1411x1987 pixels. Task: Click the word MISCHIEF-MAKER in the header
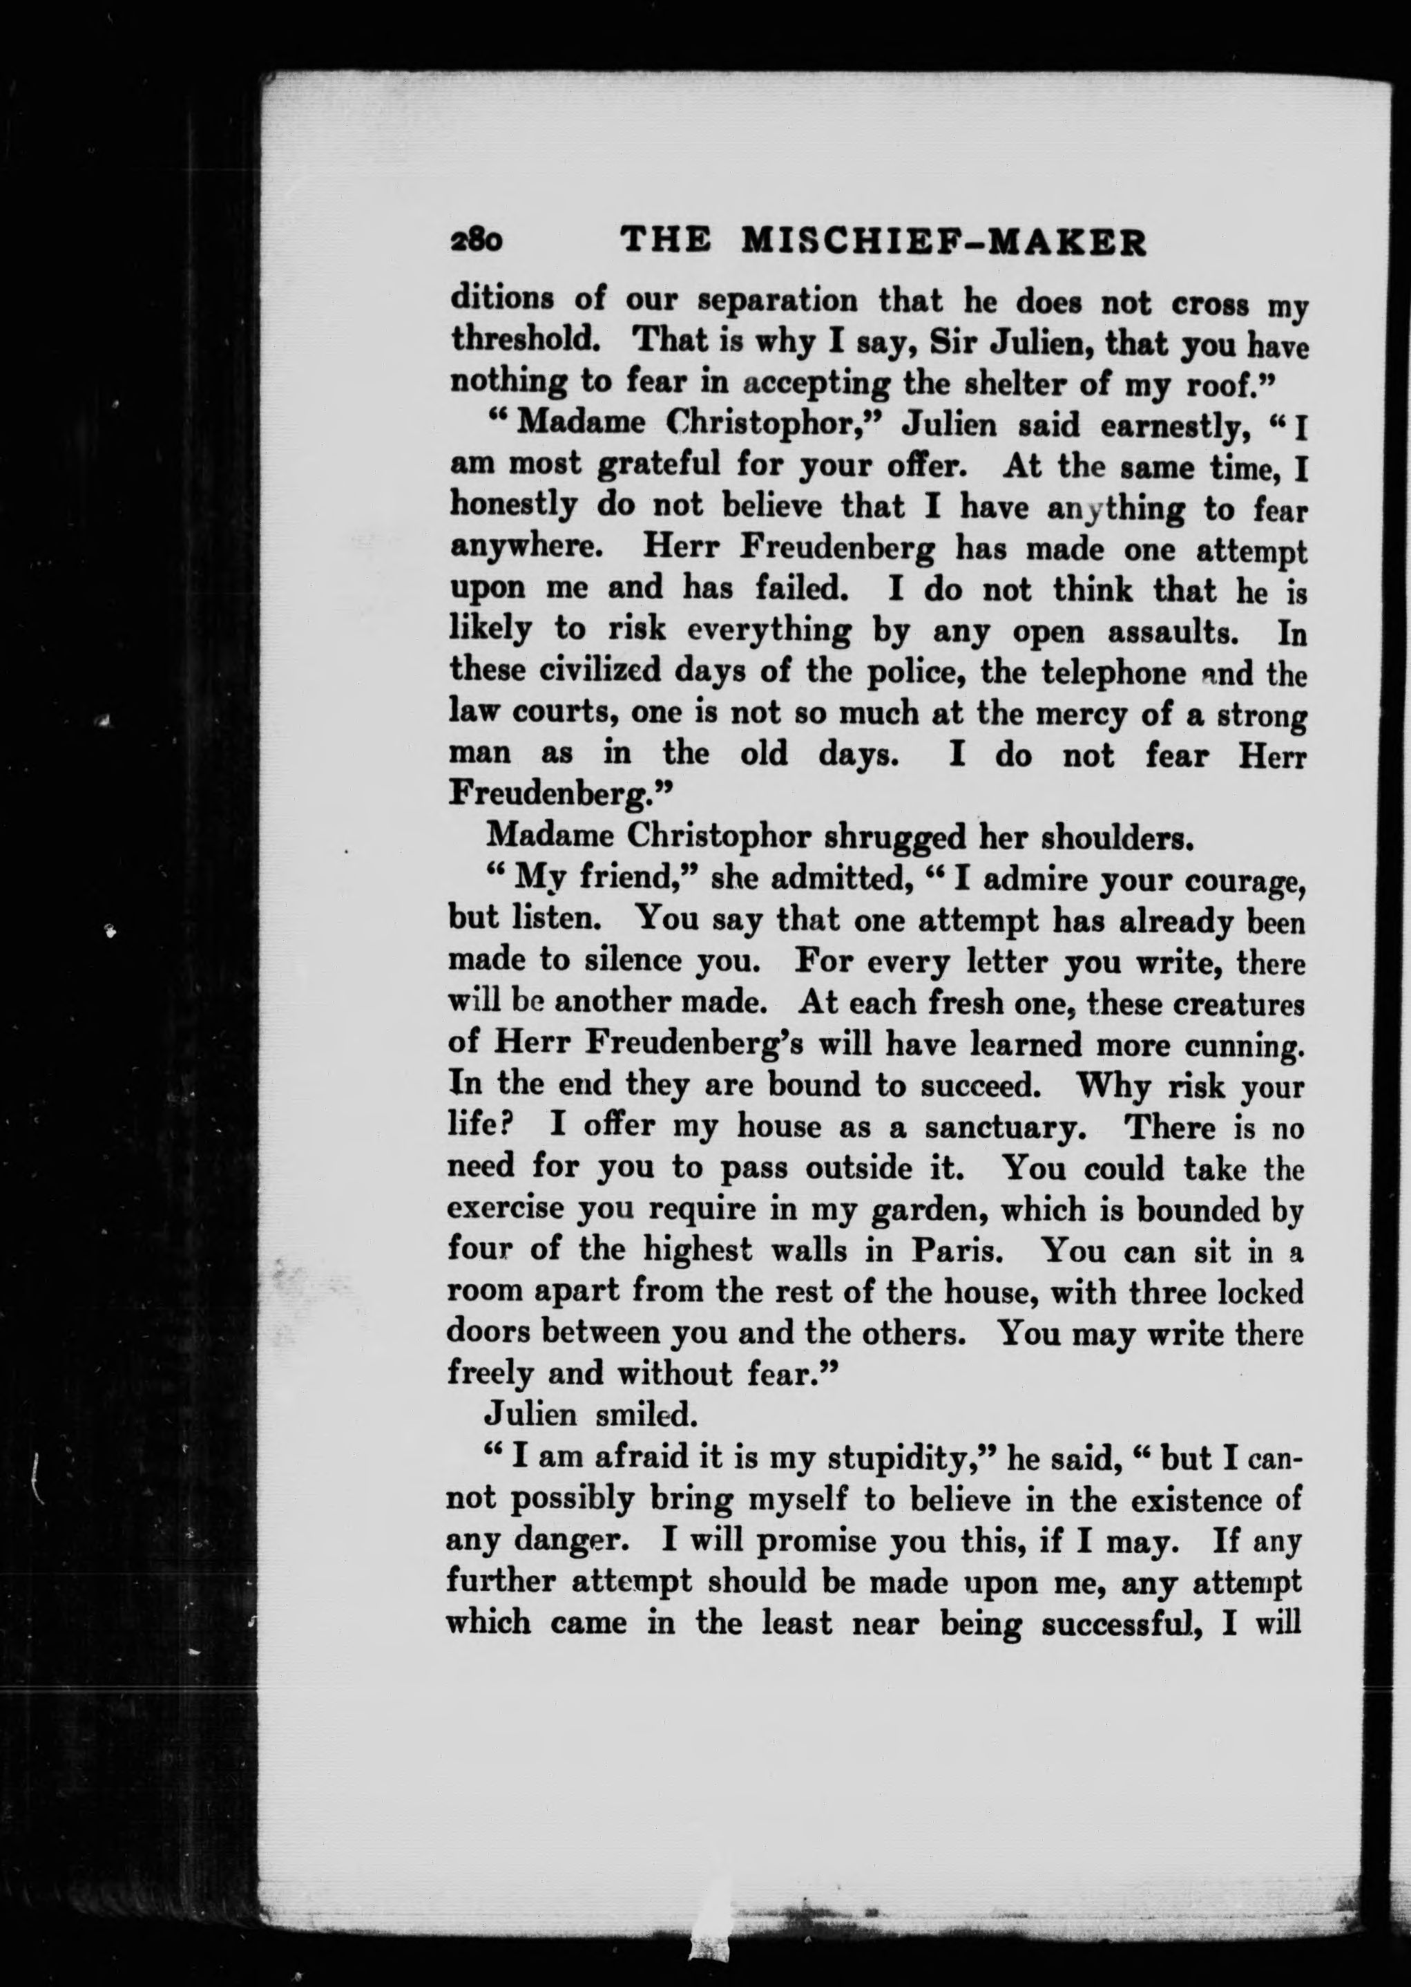pyautogui.click(x=943, y=243)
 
